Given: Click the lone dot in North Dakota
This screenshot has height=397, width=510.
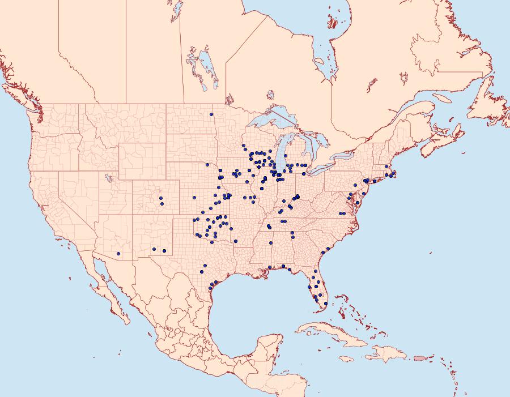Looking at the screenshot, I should coord(211,115).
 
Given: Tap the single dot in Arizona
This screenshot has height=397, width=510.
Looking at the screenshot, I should coord(118,253).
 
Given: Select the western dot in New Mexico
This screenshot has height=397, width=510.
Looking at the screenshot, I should coord(154,249).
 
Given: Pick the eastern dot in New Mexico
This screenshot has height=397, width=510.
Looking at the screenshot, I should coord(164,251).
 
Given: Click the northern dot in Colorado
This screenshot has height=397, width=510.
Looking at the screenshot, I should coord(161,198).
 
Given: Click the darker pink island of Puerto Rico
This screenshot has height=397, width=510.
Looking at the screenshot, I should coord(420,357).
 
